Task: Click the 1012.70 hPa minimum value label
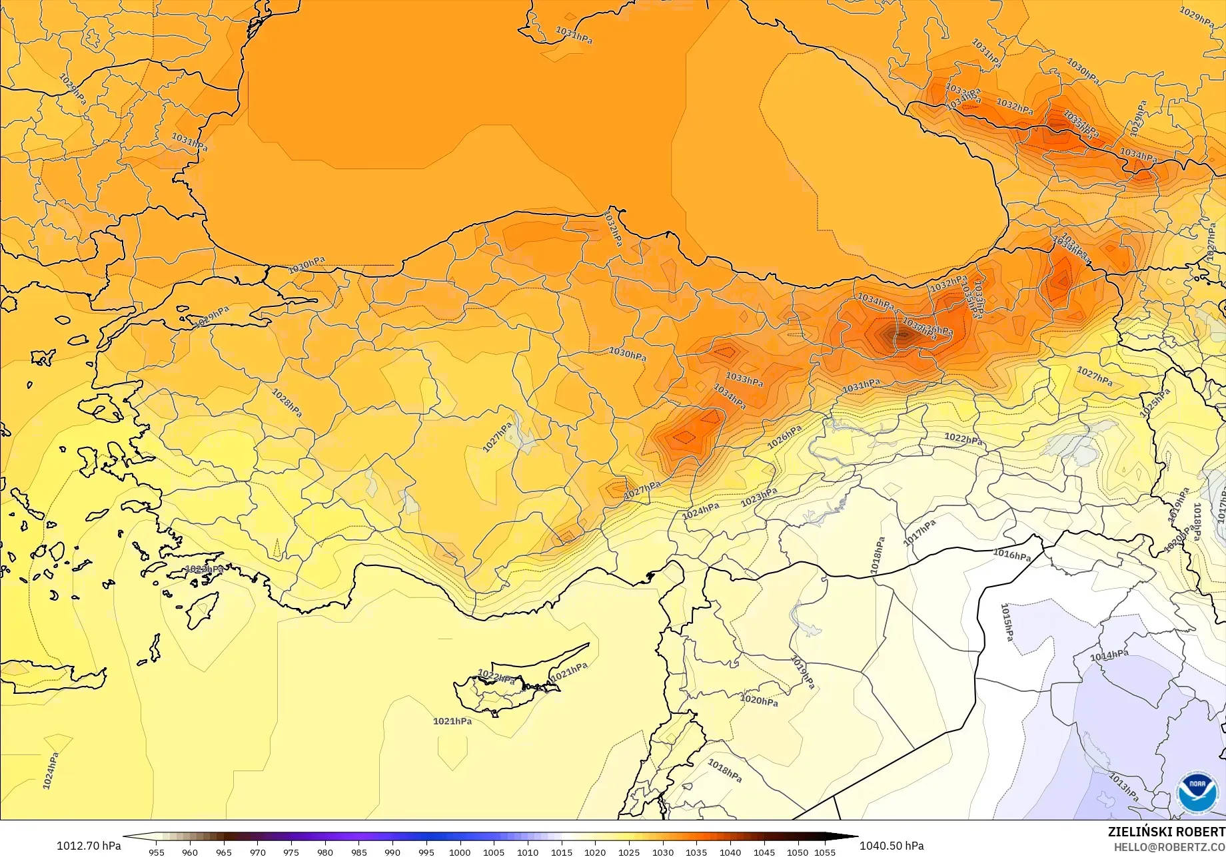(x=89, y=846)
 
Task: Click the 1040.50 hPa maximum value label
(x=892, y=846)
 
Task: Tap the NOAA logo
(x=1197, y=792)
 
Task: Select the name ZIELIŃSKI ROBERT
(x=1166, y=832)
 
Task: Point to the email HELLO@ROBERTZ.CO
(x=1169, y=846)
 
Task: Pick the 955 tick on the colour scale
(x=156, y=852)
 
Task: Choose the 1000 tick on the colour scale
(x=460, y=852)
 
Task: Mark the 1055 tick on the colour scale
(x=824, y=852)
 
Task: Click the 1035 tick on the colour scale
(x=696, y=852)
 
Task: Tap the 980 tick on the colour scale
(x=324, y=852)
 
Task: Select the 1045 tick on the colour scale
(x=764, y=852)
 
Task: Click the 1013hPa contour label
(x=1123, y=786)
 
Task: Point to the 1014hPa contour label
(x=1109, y=656)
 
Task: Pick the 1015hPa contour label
(x=1007, y=622)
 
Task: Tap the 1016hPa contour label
(x=1011, y=555)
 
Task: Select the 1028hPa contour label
(x=287, y=402)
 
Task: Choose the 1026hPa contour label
(x=784, y=437)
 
